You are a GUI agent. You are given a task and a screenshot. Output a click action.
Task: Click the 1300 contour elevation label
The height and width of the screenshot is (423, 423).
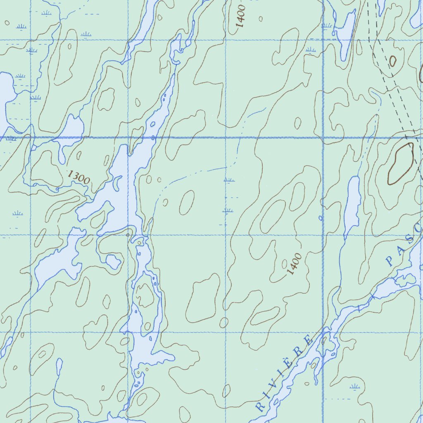tap(78, 177)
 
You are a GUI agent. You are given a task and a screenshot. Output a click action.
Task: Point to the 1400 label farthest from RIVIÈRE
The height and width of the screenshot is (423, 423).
tap(241, 17)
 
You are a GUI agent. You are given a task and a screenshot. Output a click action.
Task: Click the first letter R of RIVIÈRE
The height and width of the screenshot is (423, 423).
tap(259, 406)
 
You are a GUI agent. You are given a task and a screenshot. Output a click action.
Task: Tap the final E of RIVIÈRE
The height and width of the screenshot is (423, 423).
tap(308, 340)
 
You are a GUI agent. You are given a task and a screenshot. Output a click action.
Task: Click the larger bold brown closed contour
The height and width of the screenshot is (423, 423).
tap(400, 164)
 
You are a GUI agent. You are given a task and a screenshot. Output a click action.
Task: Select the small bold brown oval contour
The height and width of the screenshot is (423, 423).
tap(392, 62)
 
